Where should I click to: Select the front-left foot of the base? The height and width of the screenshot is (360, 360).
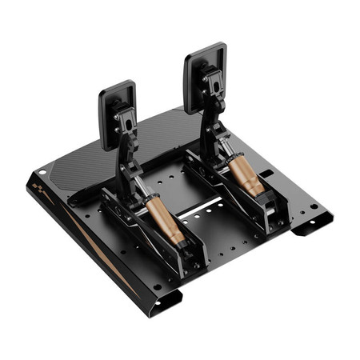pyautogui.click(x=166, y=299)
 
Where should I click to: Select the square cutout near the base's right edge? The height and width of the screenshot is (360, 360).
pyautogui.click(x=267, y=172)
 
